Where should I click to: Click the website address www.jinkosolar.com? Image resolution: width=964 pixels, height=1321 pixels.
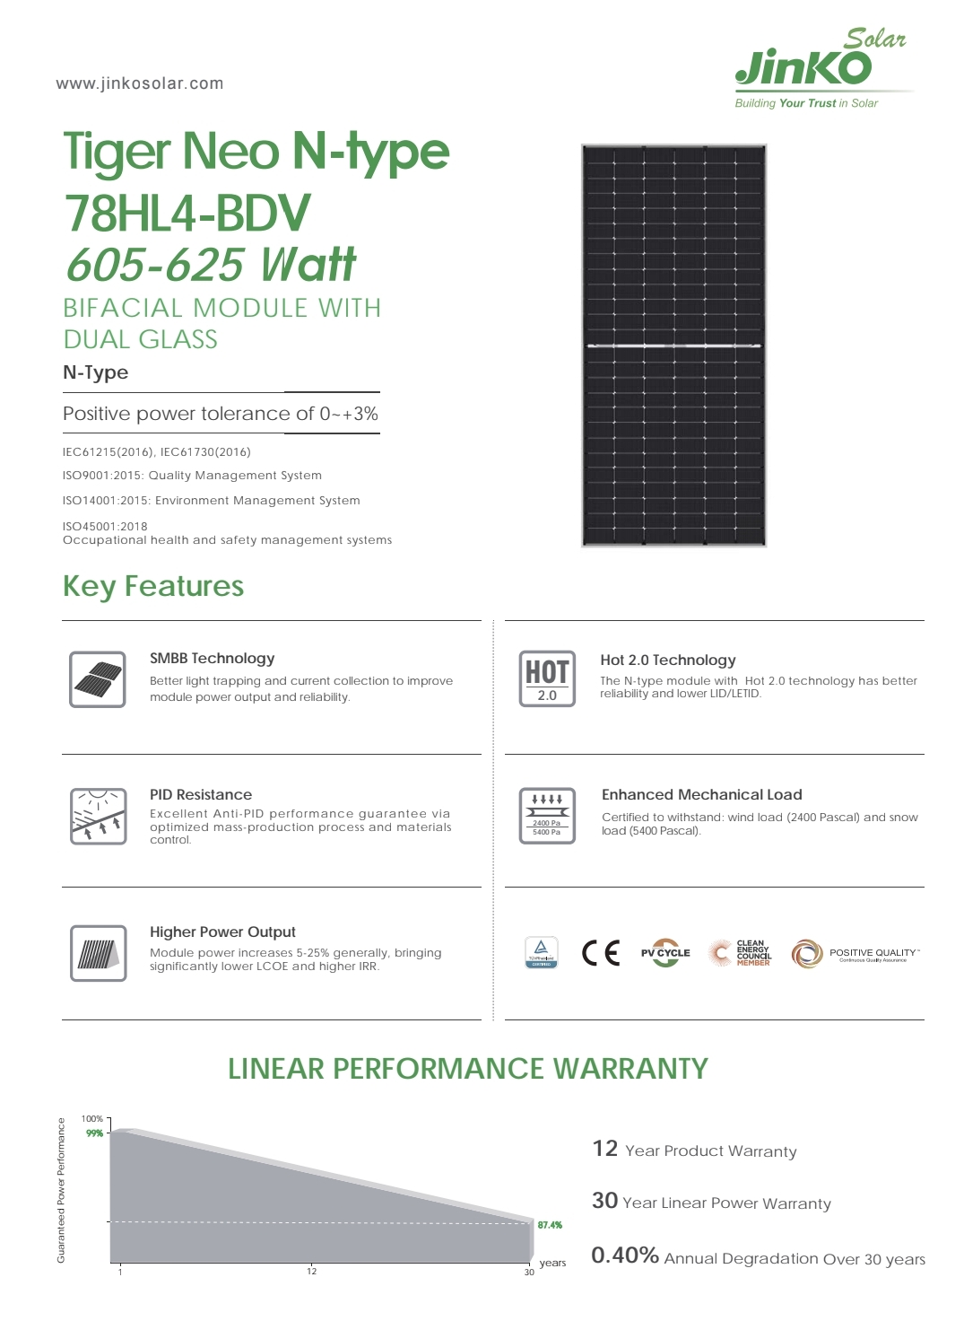[140, 83]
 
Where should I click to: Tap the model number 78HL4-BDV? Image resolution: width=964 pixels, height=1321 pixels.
[187, 213]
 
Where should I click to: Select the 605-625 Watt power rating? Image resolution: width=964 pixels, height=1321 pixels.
[211, 265]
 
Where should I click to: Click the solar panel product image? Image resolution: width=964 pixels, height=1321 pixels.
[673, 346]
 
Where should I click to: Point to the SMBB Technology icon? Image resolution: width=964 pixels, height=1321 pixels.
[98, 679]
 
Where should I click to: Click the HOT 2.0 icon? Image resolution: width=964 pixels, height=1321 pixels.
[547, 678]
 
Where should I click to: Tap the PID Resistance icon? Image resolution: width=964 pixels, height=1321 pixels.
[98, 816]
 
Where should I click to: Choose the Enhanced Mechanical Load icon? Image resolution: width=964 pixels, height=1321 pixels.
[547, 816]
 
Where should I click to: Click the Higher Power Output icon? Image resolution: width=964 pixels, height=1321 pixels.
[98, 953]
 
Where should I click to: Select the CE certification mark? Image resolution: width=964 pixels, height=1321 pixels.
[601, 952]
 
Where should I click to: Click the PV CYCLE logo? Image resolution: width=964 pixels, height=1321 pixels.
[665, 953]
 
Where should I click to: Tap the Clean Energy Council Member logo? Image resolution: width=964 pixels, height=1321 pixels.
[742, 953]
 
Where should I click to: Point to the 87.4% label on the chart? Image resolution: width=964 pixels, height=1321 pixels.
[550, 1225]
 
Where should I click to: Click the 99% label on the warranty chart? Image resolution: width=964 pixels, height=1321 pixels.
[94, 1133]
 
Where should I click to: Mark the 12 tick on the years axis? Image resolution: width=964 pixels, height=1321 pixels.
[311, 1272]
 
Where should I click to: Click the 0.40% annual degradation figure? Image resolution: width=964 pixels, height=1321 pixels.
[625, 1255]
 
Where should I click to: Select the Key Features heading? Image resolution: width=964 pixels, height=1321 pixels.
[153, 586]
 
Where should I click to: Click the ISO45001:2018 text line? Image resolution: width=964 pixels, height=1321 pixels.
[105, 527]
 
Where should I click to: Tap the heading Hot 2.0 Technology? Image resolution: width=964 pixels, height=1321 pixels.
[668, 660]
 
